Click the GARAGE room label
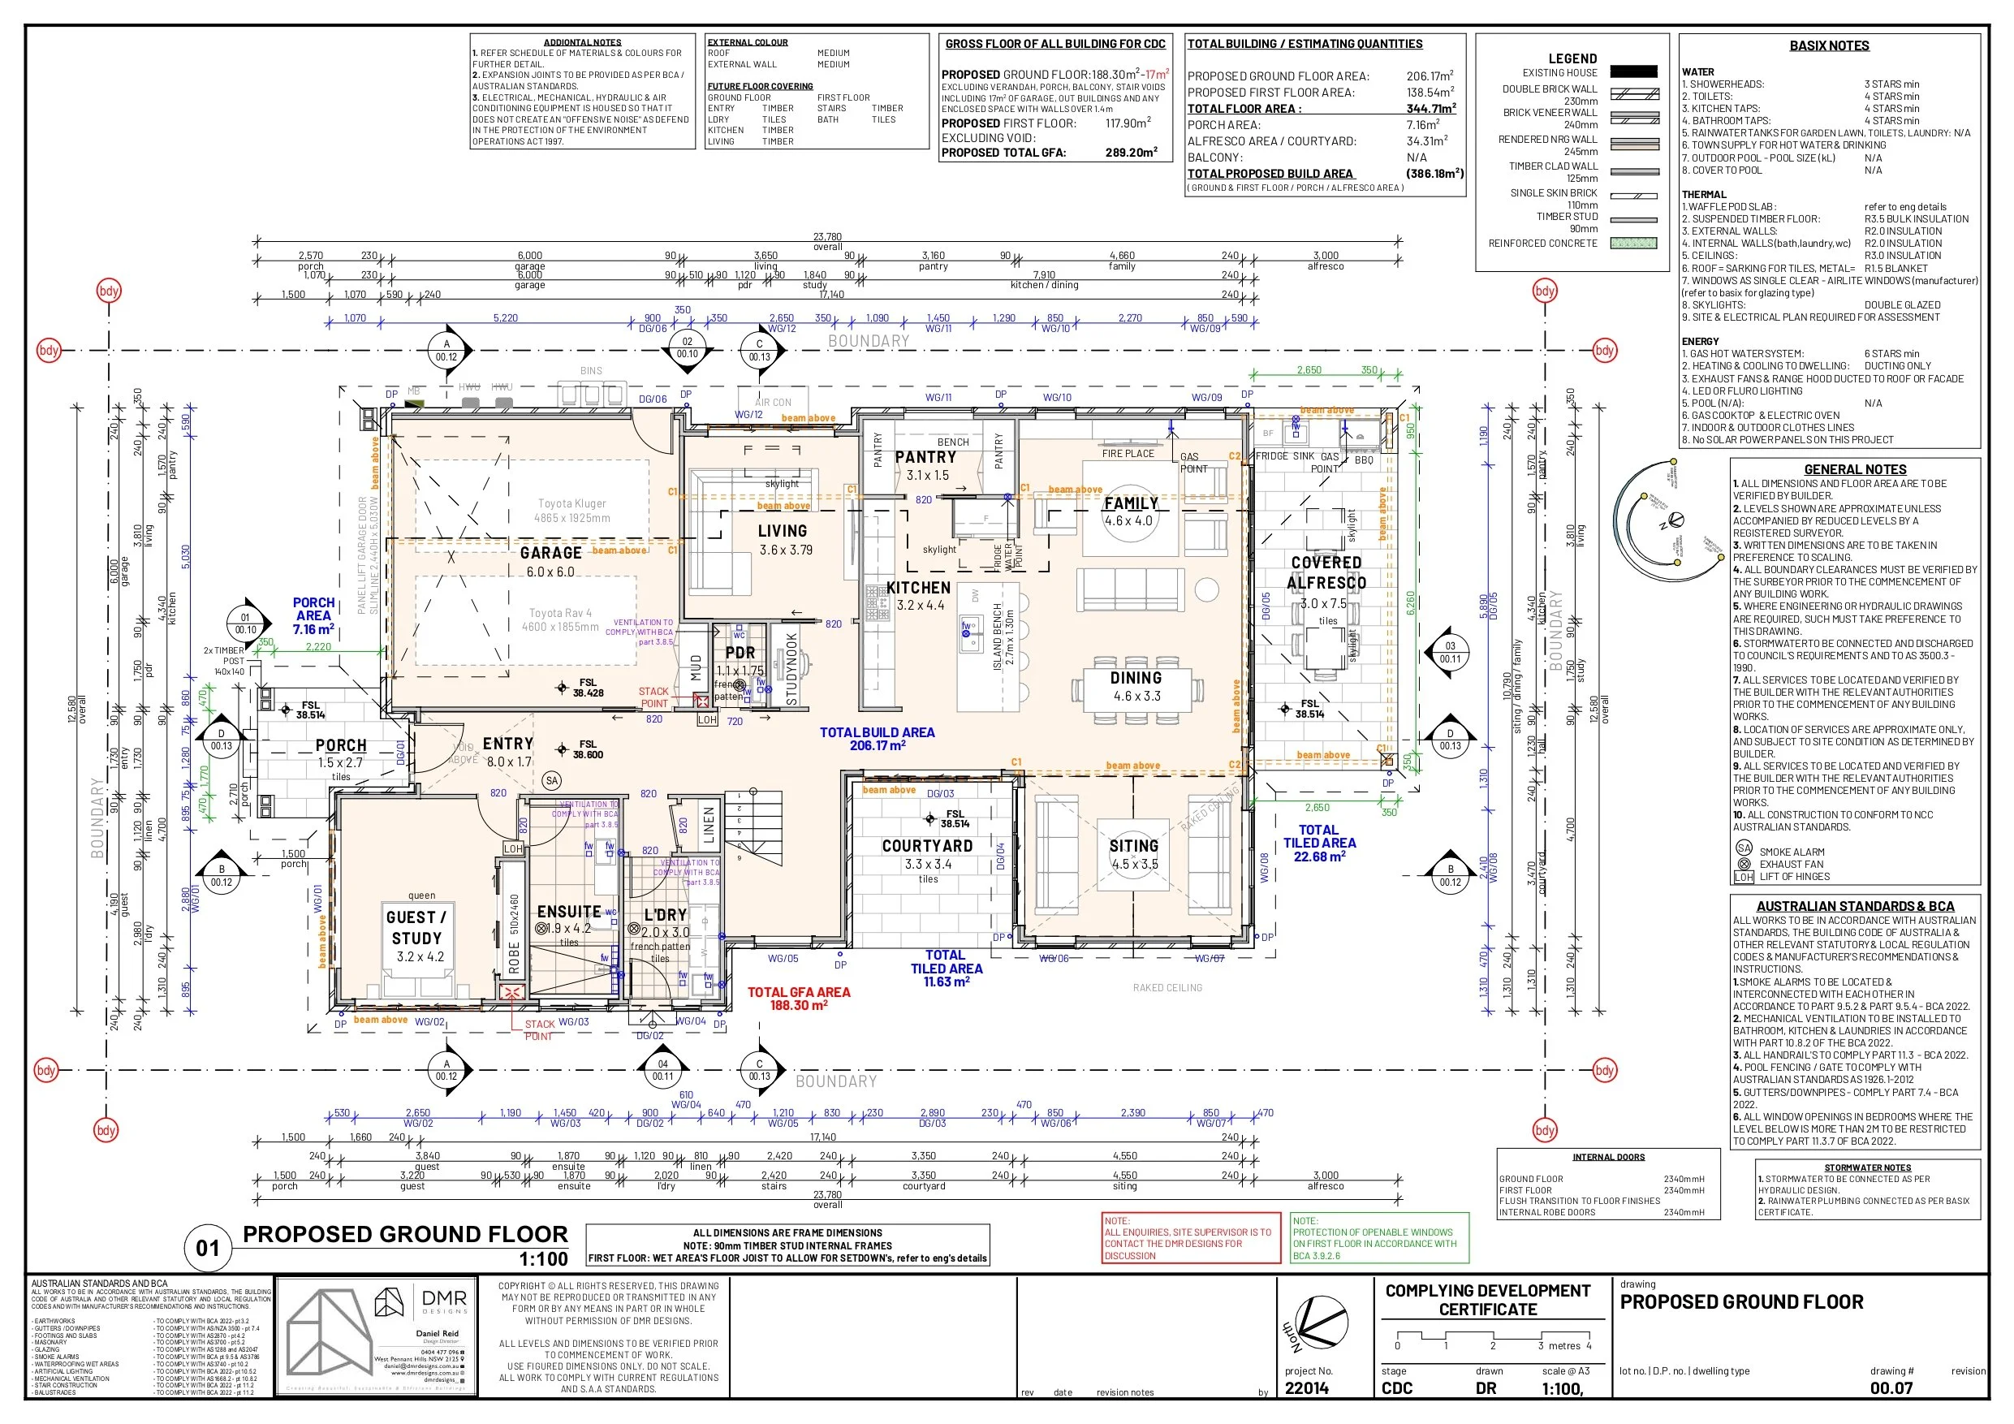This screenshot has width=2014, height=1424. (550, 553)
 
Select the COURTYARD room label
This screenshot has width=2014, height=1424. (927, 846)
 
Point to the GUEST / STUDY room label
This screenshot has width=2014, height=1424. (416, 927)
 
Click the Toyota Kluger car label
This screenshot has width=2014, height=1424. (572, 503)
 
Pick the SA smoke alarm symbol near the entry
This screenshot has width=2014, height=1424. (551, 780)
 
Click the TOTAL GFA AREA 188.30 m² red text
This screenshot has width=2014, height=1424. (798, 999)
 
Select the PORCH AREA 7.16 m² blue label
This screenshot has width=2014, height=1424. (313, 616)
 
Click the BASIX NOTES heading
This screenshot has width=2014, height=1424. (1829, 45)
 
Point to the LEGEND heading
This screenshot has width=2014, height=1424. (1572, 58)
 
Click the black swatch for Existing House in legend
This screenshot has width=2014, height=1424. (1634, 72)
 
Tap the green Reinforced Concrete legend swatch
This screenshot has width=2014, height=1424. (1634, 243)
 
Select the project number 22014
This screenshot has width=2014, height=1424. (1307, 1388)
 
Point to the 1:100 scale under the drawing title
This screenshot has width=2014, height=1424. (543, 1259)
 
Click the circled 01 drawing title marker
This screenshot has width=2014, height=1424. (208, 1248)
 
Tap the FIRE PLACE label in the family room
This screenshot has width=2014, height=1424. (1128, 454)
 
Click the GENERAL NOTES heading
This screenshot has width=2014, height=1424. (1855, 469)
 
